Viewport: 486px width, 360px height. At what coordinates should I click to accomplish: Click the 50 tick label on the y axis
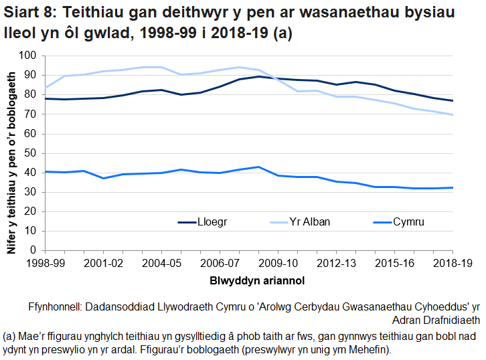[x=29, y=153]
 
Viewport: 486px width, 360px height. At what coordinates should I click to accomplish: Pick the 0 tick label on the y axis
[x=32, y=250]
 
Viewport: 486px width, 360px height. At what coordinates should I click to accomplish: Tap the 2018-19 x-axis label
[x=453, y=264]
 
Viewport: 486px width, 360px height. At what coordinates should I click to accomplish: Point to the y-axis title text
[x=11, y=153]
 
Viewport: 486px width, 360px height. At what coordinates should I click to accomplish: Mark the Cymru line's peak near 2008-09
[x=258, y=167]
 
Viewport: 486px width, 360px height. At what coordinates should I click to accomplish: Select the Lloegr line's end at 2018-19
[x=453, y=101]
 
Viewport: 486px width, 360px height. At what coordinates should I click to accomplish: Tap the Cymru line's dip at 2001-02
[x=102, y=178]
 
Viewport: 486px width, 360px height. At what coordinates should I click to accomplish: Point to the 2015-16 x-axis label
[x=394, y=264]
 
